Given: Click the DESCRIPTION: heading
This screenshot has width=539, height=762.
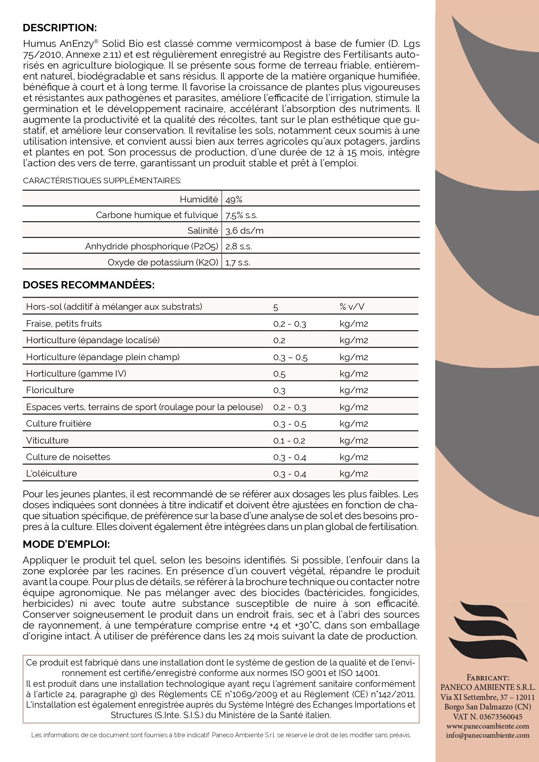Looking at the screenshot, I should (x=60, y=28).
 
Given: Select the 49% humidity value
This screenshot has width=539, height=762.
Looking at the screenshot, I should (x=234, y=200).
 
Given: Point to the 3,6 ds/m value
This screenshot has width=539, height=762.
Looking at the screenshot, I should (x=244, y=231).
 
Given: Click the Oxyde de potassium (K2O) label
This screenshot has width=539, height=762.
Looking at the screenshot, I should (x=163, y=262).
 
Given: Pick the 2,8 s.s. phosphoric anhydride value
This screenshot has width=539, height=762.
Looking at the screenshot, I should (x=238, y=247).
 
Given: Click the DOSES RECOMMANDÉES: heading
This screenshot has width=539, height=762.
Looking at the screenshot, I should (x=88, y=285).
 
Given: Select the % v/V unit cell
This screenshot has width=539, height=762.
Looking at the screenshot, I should (x=352, y=307).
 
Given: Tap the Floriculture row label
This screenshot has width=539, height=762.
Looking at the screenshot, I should (x=50, y=390).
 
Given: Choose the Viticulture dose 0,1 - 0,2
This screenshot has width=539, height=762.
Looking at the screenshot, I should (x=289, y=441).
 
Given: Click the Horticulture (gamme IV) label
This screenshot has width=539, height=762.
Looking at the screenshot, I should (x=76, y=374).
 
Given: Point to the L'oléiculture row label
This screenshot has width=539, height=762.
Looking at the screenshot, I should (x=51, y=474).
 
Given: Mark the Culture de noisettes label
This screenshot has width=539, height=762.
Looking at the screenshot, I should (x=68, y=457).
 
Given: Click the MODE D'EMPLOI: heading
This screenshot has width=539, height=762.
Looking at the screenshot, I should (x=66, y=544).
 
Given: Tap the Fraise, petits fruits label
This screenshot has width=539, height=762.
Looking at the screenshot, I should (x=64, y=324).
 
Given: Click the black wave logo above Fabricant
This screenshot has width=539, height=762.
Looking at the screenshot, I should (x=487, y=631).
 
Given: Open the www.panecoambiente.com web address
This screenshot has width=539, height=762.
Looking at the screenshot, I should (x=488, y=726).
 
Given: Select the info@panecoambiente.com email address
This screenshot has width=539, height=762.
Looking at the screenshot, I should (x=488, y=735).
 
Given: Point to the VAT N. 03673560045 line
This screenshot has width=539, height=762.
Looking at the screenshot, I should (x=487, y=716).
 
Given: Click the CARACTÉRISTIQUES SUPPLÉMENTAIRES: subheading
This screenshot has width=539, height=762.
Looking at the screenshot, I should (x=102, y=181).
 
